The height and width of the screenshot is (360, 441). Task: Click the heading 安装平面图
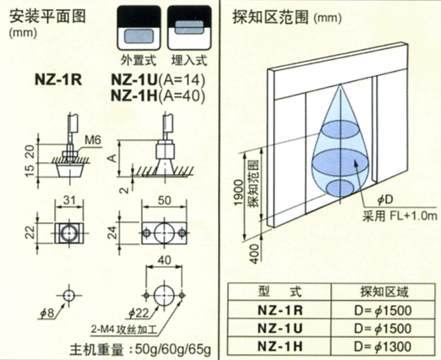[x=45, y=15]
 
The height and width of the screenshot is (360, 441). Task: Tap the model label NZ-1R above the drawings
[x=57, y=81]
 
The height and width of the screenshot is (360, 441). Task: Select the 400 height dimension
[x=240, y=251]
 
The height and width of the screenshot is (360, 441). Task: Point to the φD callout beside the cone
[x=385, y=199]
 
